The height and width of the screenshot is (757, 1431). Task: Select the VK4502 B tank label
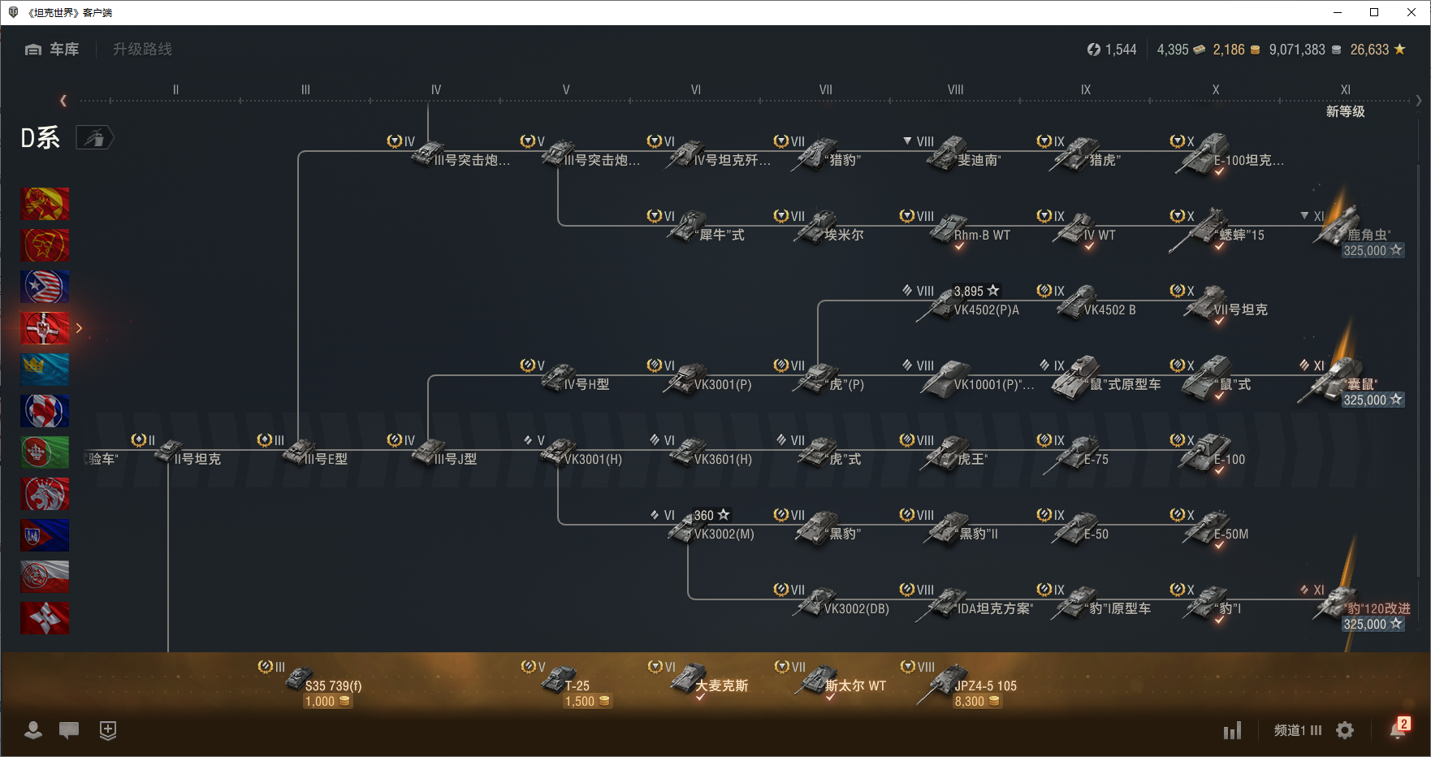coord(1109,309)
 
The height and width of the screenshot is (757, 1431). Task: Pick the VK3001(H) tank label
coord(593,459)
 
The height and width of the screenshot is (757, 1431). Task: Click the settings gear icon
coord(1345,730)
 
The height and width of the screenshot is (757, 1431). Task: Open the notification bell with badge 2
coord(1398,730)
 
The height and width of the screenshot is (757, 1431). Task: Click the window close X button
coord(1412,12)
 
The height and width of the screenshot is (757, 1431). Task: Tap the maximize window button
coord(1374,12)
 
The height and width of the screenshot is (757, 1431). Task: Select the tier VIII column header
coord(955,90)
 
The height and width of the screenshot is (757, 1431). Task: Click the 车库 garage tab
coord(53,50)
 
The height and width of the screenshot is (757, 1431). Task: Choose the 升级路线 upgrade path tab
coord(142,50)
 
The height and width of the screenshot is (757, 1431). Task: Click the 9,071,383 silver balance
coord(1297,50)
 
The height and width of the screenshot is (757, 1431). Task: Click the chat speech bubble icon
coord(69,730)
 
